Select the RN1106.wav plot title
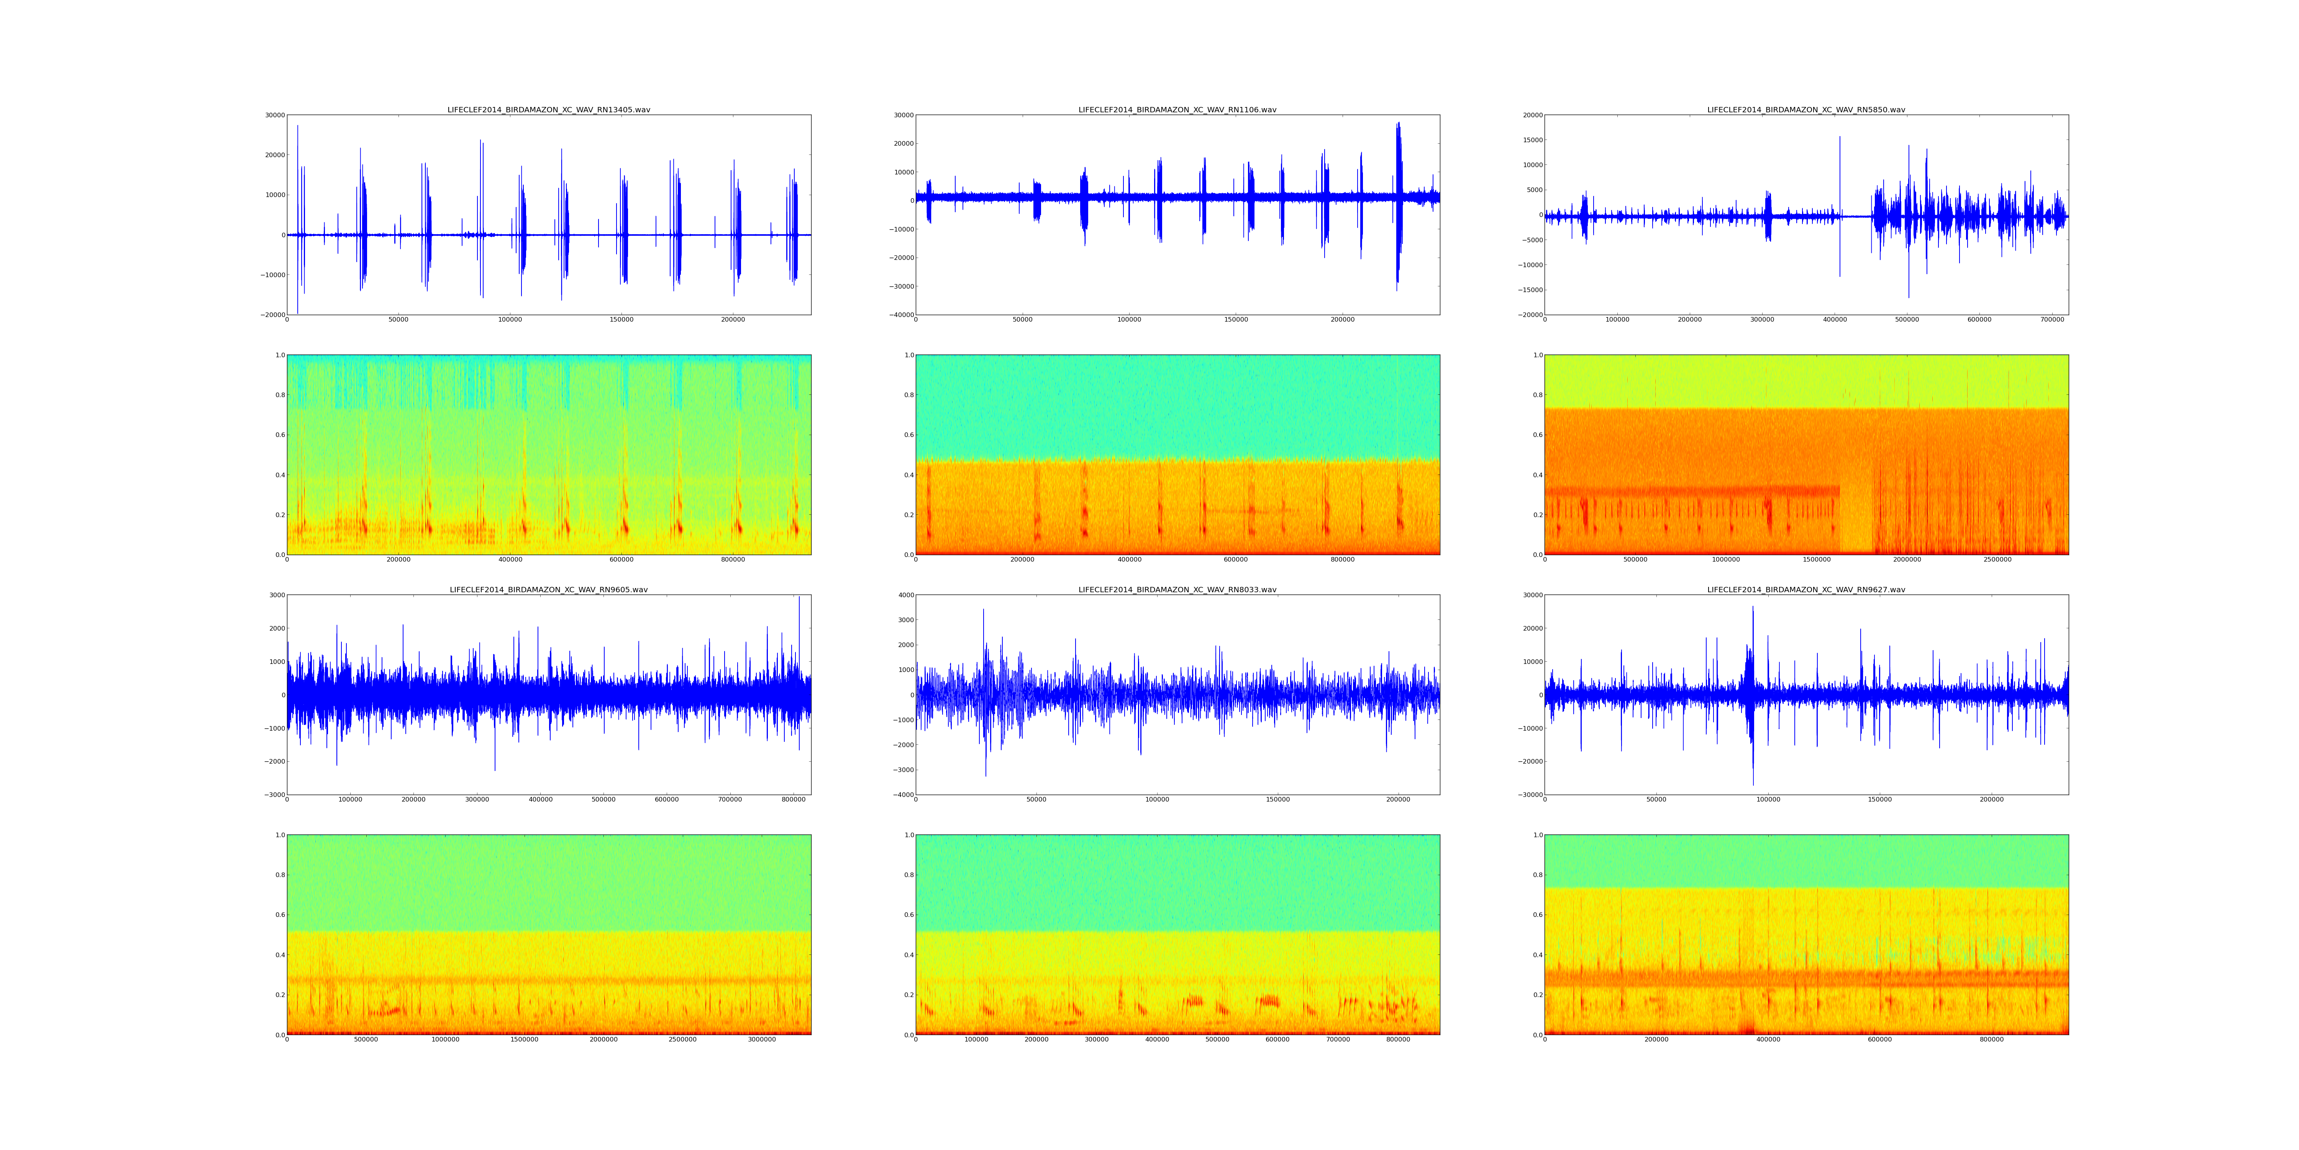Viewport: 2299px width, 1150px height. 1177,110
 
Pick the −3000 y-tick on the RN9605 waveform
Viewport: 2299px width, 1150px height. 274,795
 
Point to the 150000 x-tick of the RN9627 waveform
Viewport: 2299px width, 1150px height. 1879,799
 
